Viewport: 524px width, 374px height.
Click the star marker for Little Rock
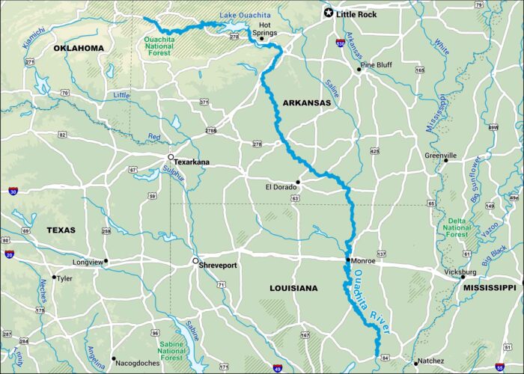pos(328,13)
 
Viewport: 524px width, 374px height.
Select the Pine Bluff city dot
pos(360,70)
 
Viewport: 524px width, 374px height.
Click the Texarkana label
pos(191,162)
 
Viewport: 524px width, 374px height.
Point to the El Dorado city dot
pos(297,182)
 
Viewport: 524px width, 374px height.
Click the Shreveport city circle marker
pos(195,262)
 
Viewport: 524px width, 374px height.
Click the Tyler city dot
pos(54,278)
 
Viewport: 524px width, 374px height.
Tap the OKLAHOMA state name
pos(78,48)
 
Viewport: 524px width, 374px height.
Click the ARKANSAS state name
pos(307,102)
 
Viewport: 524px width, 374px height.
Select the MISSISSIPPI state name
pos(490,287)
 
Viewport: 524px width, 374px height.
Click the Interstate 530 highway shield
pos(341,44)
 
